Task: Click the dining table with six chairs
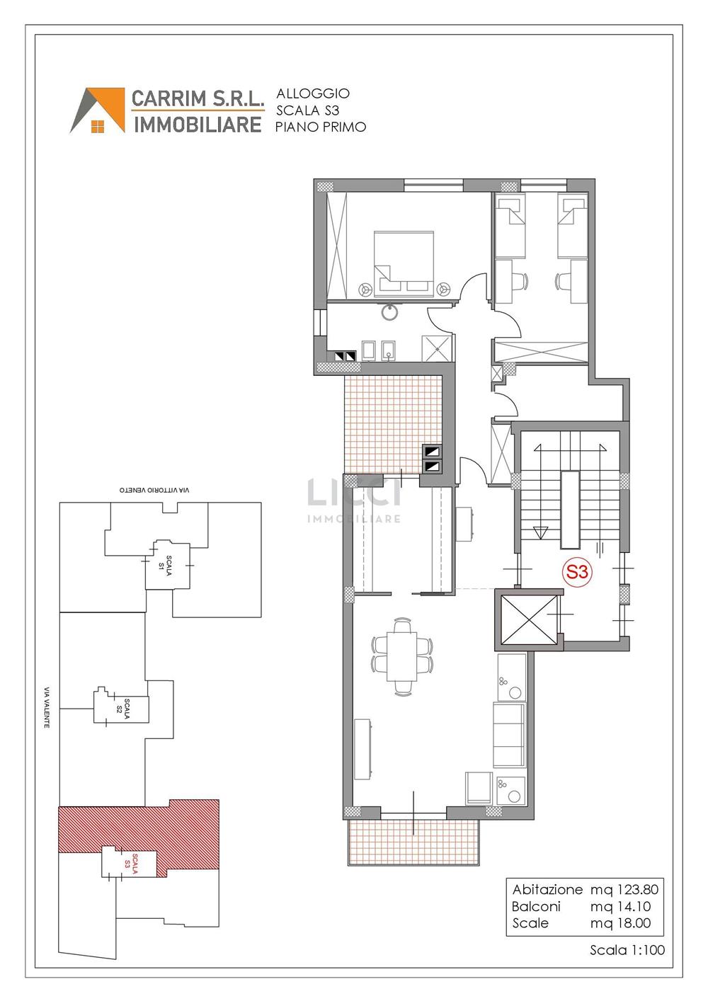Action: pos(402,657)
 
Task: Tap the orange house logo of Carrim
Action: pos(98,110)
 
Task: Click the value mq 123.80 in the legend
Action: pos(624,889)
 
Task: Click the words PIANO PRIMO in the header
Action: pos(321,127)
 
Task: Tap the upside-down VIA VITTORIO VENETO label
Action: pos(154,490)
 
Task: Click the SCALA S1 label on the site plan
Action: pos(165,566)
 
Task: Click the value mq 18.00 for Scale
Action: pos(621,923)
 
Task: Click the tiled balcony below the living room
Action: pos(413,842)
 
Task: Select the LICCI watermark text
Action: pos(353,492)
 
